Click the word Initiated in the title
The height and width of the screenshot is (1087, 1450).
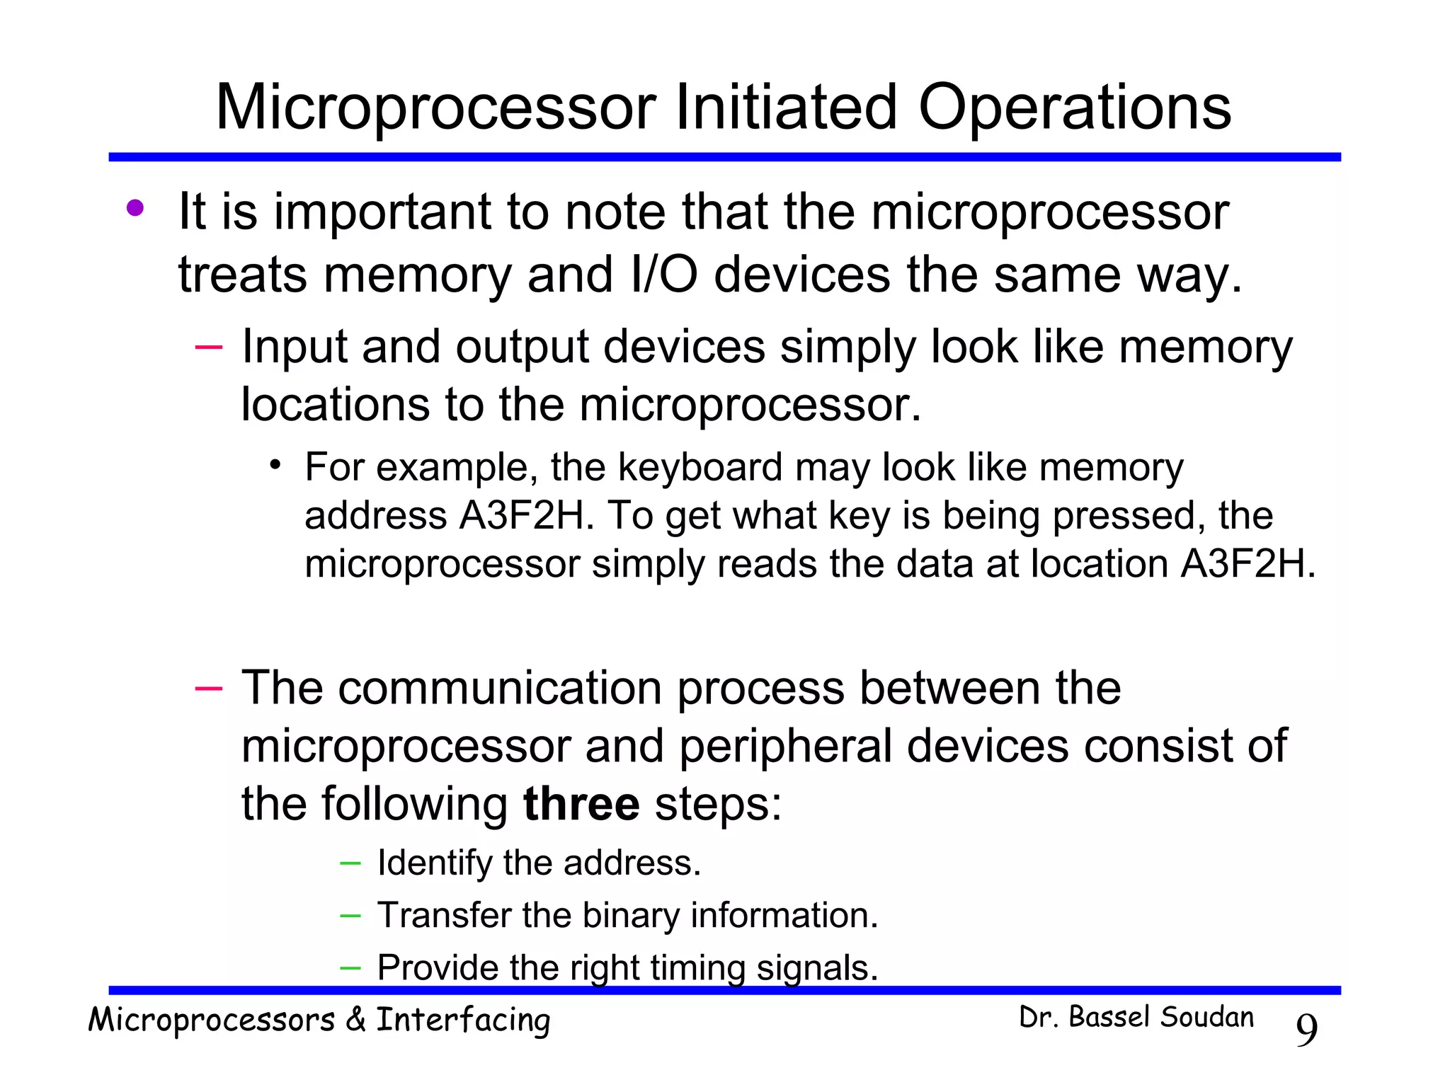[785, 108]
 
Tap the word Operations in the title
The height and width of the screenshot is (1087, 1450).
[1074, 108]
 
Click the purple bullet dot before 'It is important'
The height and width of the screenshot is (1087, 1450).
[135, 208]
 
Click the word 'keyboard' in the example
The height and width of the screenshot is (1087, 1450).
[700, 468]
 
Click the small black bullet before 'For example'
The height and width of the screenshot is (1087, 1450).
[275, 465]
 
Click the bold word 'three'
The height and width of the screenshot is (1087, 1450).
[581, 805]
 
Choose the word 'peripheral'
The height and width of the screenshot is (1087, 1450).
[785, 747]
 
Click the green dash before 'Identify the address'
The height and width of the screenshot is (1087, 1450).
[350, 863]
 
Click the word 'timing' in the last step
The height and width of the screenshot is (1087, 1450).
[697, 969]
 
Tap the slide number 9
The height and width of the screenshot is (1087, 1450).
[1306, 1030]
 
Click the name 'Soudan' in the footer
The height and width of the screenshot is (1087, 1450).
[1206, 1018]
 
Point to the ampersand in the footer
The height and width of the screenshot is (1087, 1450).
[355, 1020]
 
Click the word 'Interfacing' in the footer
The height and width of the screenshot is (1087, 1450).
[463, 1021]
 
